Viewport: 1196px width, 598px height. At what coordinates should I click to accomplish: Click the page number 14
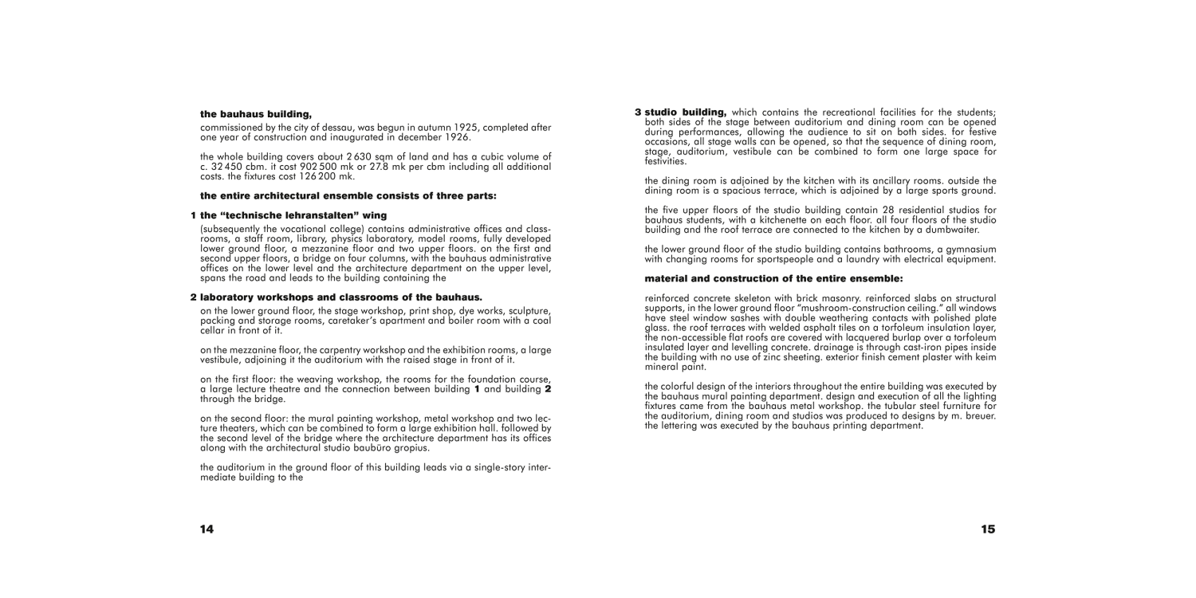coord(207,529)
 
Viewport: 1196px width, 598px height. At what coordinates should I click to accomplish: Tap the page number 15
coord(988,529)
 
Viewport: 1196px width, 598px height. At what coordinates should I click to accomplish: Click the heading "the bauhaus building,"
coord(255,115)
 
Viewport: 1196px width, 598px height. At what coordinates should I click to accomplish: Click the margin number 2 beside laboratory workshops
coord(193,297)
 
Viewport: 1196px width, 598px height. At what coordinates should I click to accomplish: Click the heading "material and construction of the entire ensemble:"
coord(773,278)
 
